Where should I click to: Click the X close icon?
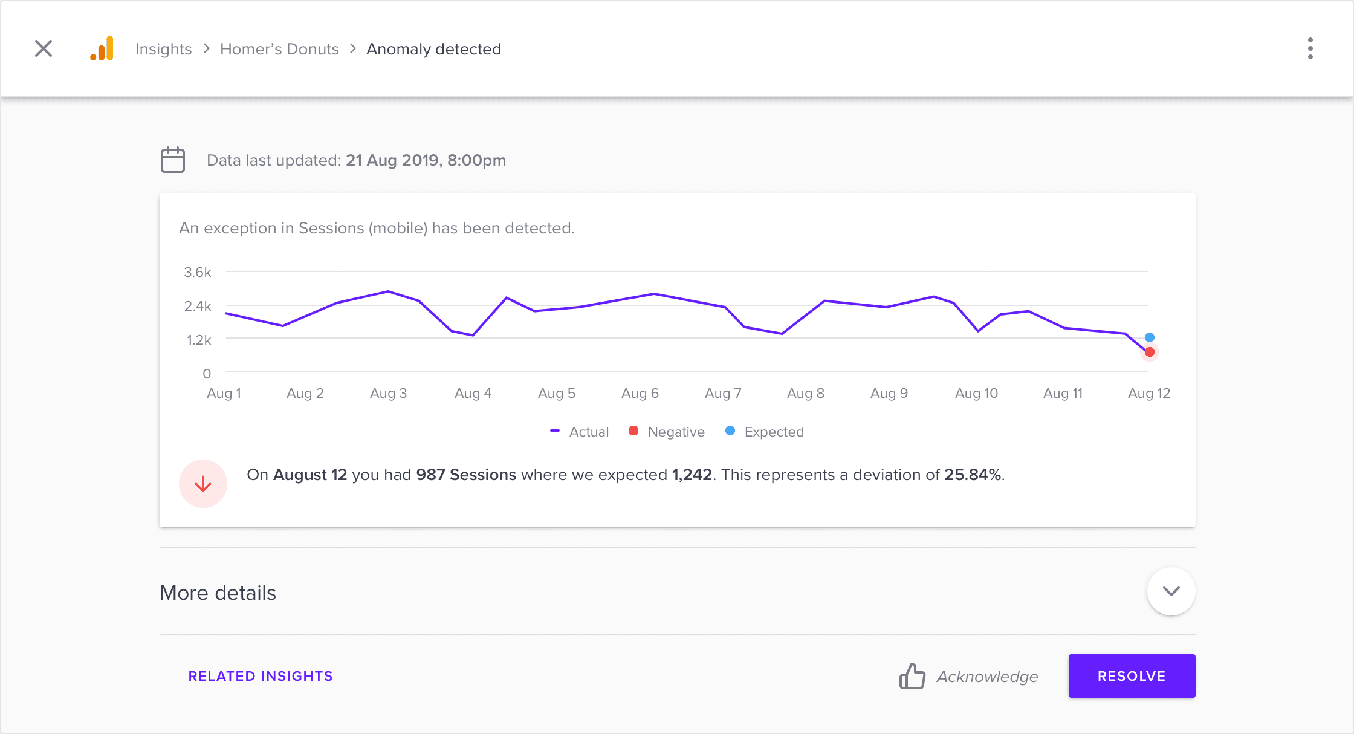pyautogui.click(x=44, y=48)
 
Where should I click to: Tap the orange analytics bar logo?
pyautogui.click(x=102, y=48)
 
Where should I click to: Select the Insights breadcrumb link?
pyautogui.click(x=163, y=49)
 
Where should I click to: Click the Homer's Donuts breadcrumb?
pyautogui.click(x=279, y=49)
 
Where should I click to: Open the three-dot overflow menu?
pyautogui.click(x=1310, y=48)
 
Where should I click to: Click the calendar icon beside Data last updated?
pyautogui.click(x=173, y=160)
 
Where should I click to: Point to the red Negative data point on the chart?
pyautogui.click(x=1150, y=352)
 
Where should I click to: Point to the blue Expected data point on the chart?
pyautogui.click(x=1150, y=337)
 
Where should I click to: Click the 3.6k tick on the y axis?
pyautogui.click(x=198, y=272)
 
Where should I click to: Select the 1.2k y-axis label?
pyautogui.click(x=199, y=340)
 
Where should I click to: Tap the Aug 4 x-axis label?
pyautogui.click(x=473, y=393)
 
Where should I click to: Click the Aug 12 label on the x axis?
pyautogui.click(x=1149, y=393)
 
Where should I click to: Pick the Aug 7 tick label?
pyautogui.click(x=723, y=393)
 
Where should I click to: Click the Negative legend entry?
pyautogui.click(x=667, y=432)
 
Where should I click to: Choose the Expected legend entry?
pyautogui.click(x=765, y=432)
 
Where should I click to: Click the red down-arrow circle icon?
pyautogui.click(x=203, y=484)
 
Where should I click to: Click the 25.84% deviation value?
pyautogui.click(x=972, y=475)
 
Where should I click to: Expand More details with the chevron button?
pyautogui.click(x=1171, y=591)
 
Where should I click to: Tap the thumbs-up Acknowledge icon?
pyautogui.click(x=912, y=676)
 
